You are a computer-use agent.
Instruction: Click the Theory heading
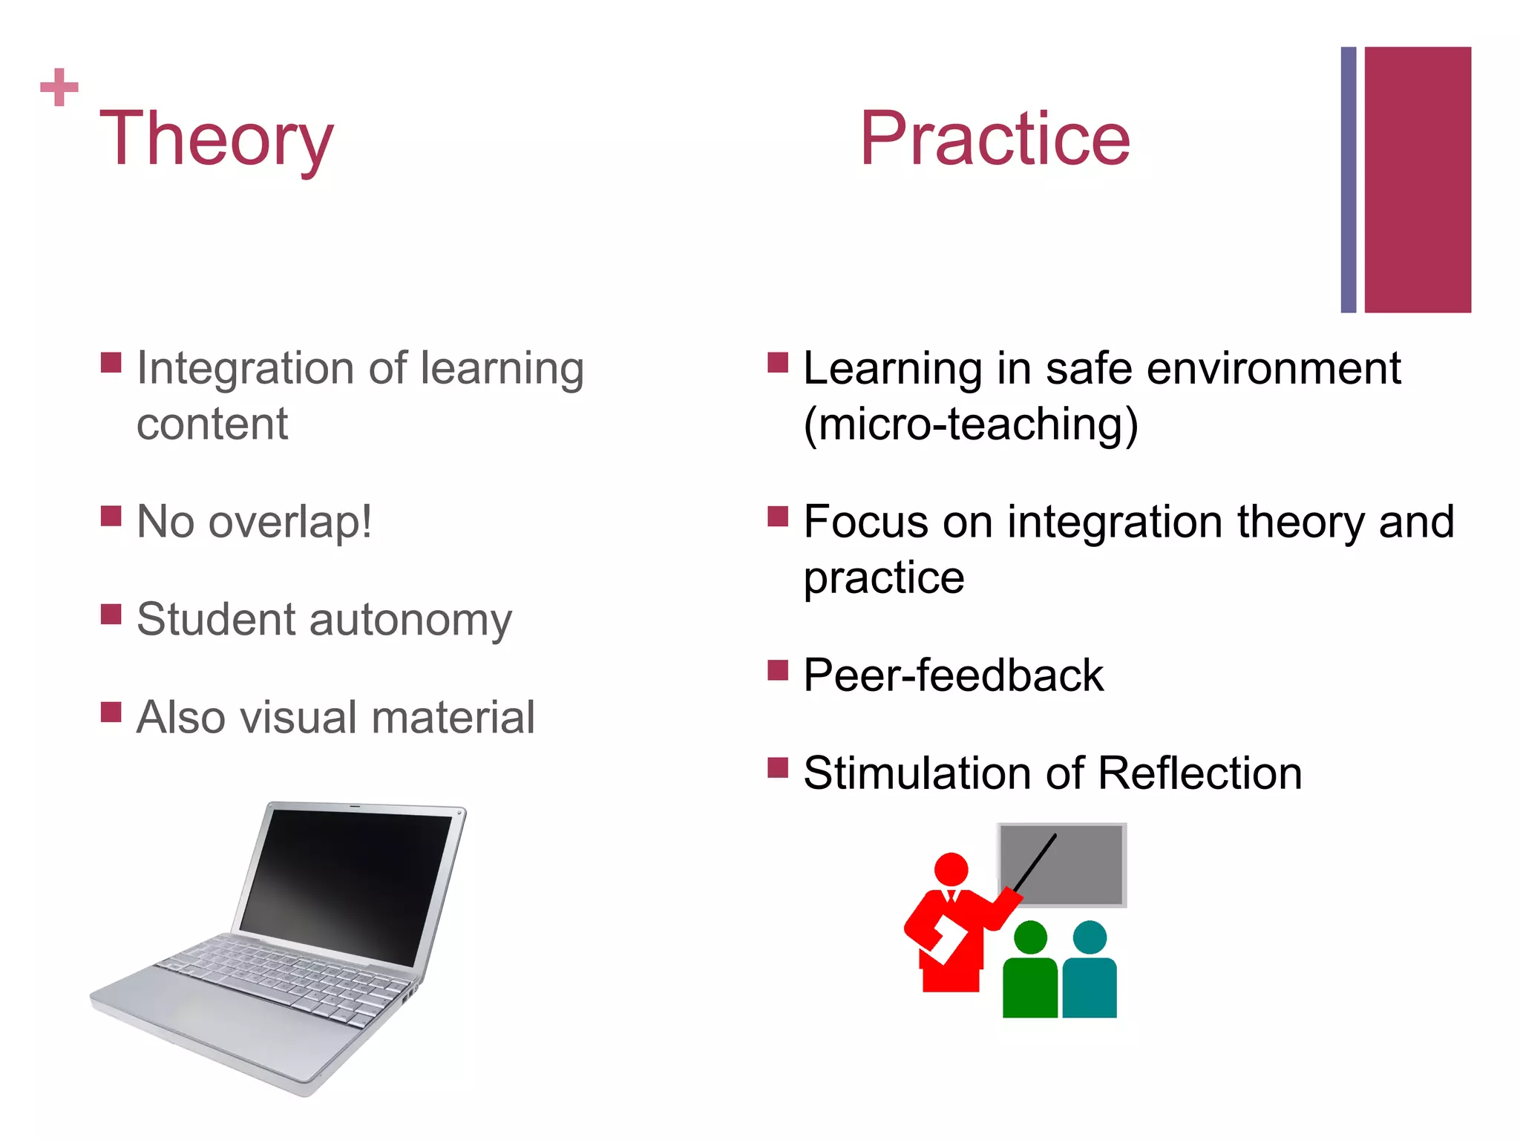point(216,138)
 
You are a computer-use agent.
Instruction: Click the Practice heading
point(995,138)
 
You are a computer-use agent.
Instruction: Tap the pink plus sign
point(59,88)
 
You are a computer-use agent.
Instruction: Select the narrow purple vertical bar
point(1348,180)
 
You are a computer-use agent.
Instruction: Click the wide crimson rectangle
point(1417,180)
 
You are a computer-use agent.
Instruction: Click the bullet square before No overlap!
point(111,516)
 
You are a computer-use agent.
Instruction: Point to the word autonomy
point(410,620)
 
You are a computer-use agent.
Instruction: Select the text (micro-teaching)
point(971,425)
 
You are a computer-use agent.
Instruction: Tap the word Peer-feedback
point(954,675)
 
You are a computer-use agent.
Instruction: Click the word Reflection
point(1199,773)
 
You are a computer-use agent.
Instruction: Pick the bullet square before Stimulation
point(777,767)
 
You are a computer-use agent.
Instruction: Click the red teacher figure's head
point(951,868)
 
